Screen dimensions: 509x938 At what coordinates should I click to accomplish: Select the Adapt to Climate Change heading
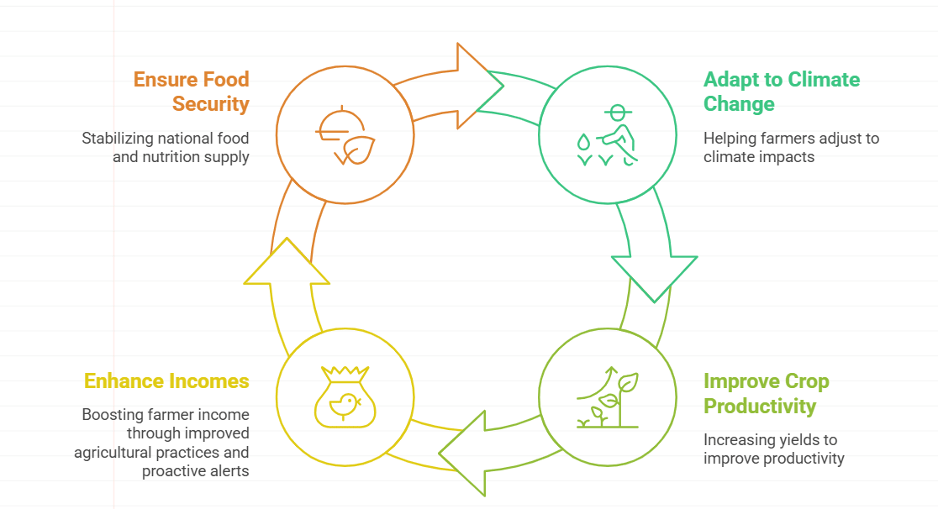click(x=781, y=92)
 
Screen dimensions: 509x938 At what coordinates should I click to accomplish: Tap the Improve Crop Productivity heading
click(x=766, y=393)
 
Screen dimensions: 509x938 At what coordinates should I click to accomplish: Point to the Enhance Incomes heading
click(x=166, y=381)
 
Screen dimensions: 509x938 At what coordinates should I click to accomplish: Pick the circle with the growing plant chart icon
click(x=607, y=395)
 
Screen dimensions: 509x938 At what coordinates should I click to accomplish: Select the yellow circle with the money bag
click(x=345, y=395)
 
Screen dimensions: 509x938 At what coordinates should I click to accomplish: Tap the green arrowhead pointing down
click(x=654, y=273)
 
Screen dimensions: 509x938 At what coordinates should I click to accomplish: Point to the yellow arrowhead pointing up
click(x=287, y=265)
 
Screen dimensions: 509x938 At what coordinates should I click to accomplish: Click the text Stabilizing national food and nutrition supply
click(x=166, y=147)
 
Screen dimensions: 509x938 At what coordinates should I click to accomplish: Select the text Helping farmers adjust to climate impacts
click(x=791, y=147)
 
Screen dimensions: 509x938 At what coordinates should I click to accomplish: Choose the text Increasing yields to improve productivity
click(x=773, y=449)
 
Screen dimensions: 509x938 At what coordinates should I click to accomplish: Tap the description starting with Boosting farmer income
click(x=161, y=443)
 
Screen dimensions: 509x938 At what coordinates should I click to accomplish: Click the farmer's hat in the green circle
click(x=618, y=111)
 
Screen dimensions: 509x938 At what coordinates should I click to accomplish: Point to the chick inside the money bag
click(x=344, y=405)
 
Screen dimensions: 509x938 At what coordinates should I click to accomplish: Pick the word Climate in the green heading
click(x=819, y=80)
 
